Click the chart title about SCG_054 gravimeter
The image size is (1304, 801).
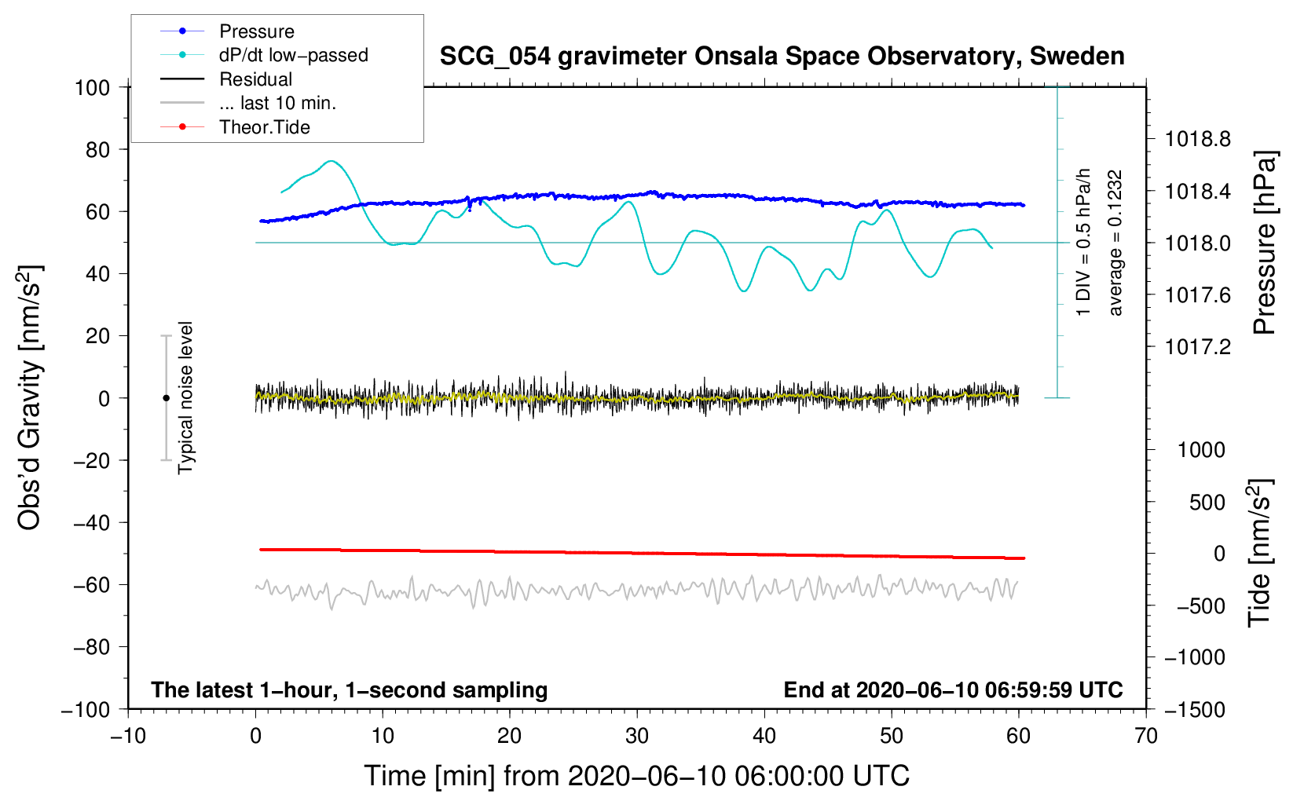(782, 57)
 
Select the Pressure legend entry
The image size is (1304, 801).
(256, 31)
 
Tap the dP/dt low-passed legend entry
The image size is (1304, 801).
(293, 55)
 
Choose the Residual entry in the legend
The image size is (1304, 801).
(255, 79)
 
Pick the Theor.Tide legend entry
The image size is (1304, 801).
(264, 127)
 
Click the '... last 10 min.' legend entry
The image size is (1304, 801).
(277, 103)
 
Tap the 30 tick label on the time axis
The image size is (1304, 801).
(637, 736)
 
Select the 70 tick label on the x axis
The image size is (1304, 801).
(1146, 736)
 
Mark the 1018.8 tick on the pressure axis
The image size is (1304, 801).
(1197, 140)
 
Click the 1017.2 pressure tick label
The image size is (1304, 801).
(1197, 347)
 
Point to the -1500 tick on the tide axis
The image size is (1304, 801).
(1195, 709)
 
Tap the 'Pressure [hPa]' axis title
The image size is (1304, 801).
(1264, 243)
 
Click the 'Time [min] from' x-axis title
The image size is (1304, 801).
(636, 776)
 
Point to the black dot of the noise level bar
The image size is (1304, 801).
(166, 398)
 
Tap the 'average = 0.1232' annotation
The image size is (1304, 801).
(1115, 243)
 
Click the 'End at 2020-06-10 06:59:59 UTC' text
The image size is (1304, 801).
(953, 690)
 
